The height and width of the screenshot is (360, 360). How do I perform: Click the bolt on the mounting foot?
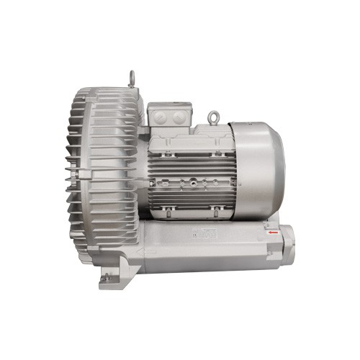click(107, 276)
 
